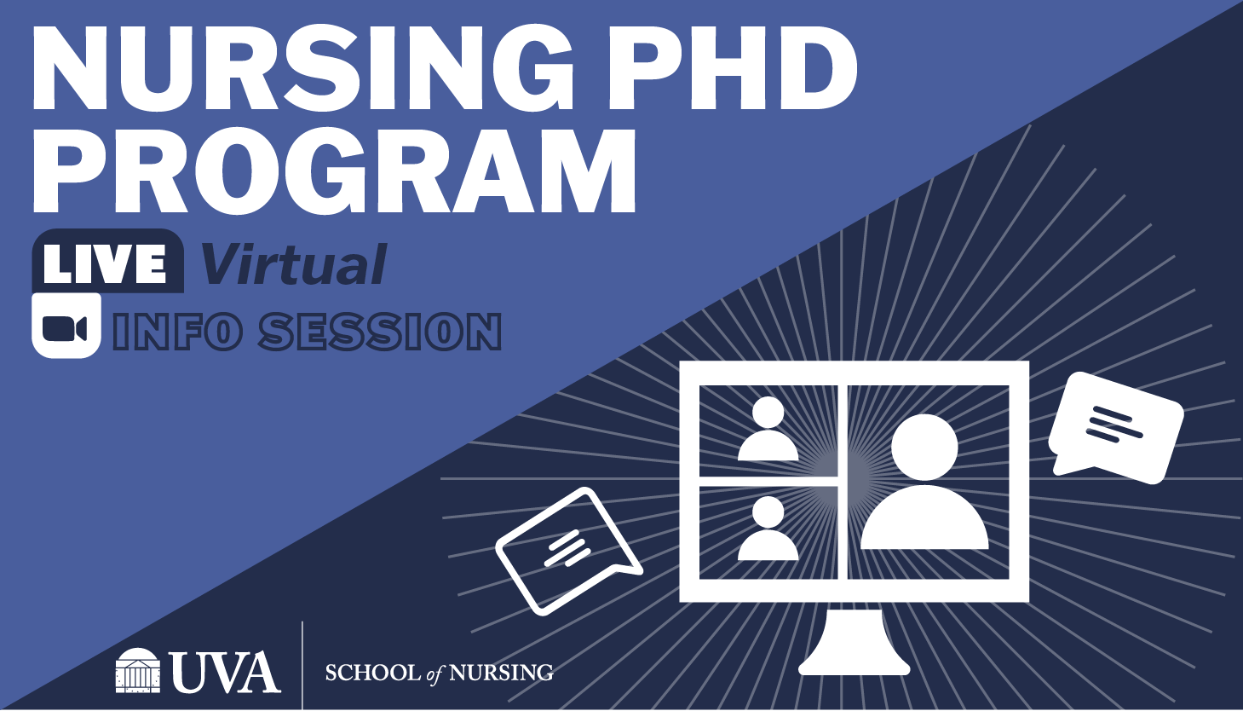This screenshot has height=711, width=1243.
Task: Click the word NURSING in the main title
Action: (303, 68)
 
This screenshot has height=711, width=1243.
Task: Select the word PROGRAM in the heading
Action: (335, 171)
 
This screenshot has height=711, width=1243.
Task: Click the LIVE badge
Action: (107, 261)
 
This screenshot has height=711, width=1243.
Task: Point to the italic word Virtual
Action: (294, 264)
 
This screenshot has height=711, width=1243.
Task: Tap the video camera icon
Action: (66, 326)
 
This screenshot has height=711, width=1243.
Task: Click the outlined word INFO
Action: (177, 332)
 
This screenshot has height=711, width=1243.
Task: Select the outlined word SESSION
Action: (380, 332)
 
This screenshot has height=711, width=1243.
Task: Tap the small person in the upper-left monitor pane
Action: (768, 429)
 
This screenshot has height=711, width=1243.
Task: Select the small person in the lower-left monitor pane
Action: (768, 529)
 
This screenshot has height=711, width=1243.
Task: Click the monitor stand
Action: (854, 642)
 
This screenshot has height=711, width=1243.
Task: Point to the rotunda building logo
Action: (138, 670)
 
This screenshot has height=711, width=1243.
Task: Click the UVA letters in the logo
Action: (225, 672)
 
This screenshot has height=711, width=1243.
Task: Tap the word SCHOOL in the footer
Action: (373, 673)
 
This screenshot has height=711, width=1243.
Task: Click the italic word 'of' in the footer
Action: (435, 673)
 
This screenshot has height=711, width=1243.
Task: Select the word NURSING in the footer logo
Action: (501, 673)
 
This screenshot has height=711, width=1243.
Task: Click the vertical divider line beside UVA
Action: (302, 666)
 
